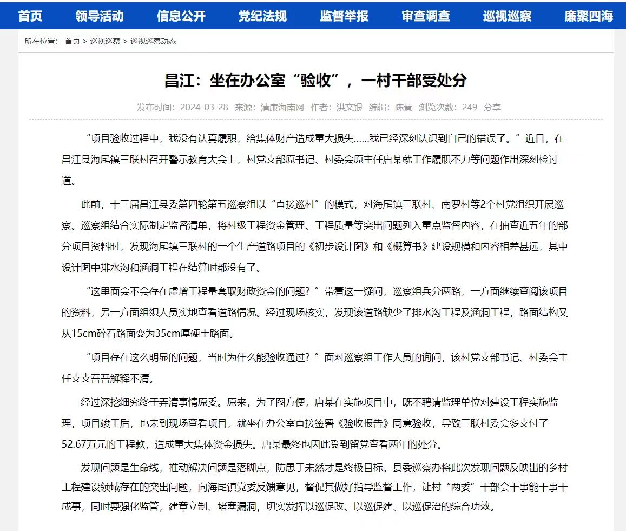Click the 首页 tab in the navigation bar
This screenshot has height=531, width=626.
click(30, 16)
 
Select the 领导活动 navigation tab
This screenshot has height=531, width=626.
click(100, 16)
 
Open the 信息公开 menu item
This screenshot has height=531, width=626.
click(181, 16)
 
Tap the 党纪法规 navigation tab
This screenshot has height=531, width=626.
click(262, 16)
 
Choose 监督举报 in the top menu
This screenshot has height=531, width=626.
click(344, 16)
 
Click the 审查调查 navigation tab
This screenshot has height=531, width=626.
click(426, 16)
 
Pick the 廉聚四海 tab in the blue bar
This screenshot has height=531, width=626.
click(589, 16)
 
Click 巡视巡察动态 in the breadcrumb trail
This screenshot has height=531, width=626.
click(153, 41)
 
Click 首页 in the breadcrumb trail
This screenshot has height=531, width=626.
click(73, 41)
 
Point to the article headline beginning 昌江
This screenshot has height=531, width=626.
click(315, 81)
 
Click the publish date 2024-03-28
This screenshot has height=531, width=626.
click(205, 107)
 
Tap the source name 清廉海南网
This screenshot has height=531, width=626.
click(282, 107)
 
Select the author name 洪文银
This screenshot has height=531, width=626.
click(350, 107)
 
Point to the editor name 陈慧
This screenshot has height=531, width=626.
click(404, 107)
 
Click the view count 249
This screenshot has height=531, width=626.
click(470, 107)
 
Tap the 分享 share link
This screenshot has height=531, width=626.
click(492, 107)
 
